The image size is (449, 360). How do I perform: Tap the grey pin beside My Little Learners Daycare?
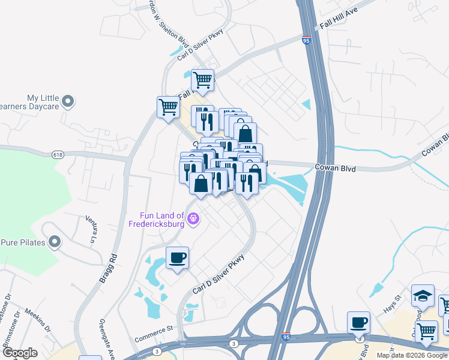coord(68,102)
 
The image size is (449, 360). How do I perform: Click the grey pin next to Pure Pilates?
coord(55,242)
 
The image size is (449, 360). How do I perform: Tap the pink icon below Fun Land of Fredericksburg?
coord(193,218)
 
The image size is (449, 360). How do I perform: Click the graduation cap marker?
coord(423,295)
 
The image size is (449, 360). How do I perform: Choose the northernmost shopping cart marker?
coord(202,80)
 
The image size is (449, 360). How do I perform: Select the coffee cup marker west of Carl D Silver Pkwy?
coord(177,259)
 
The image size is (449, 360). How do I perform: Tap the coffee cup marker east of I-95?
coord(359,323)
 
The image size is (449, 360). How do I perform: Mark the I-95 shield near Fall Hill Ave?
coord(306,41)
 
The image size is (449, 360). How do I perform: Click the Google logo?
coord(20,353)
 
